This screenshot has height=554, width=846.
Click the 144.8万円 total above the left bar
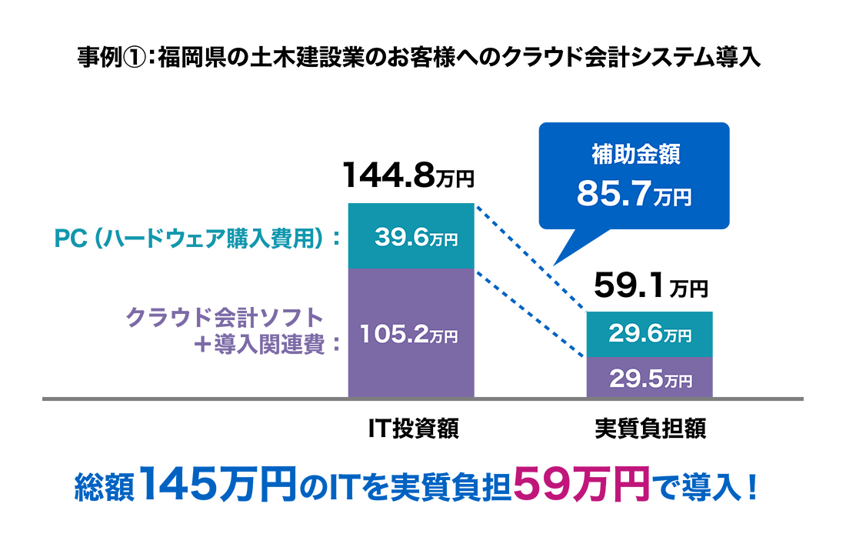pyautogui.click(x=408, y=176)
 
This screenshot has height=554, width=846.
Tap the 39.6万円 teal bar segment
pyautogui.click(x=411, y=237)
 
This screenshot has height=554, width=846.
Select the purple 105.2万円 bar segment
pyautogui.click(x=411, y=335)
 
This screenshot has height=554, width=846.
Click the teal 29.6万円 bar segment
pyautogui.click(x=650, y=335)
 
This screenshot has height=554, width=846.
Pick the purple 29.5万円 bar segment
pyautogui.click(x=650, y=379)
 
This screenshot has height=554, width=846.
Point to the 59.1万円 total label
pyautogui.click(x=650, y=289)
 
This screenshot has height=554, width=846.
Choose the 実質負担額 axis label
pyautogui.click(x=650, y=429)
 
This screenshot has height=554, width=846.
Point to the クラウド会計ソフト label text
pyautogui.click(x=223, y=316)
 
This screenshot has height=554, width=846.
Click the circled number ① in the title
pyautogui.click(x=135, y=58)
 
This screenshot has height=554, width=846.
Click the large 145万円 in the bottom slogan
pyautogui.click(x=218, y=486)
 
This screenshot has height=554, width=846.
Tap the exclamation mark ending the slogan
pyautogui.click(x=751, y=487)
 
